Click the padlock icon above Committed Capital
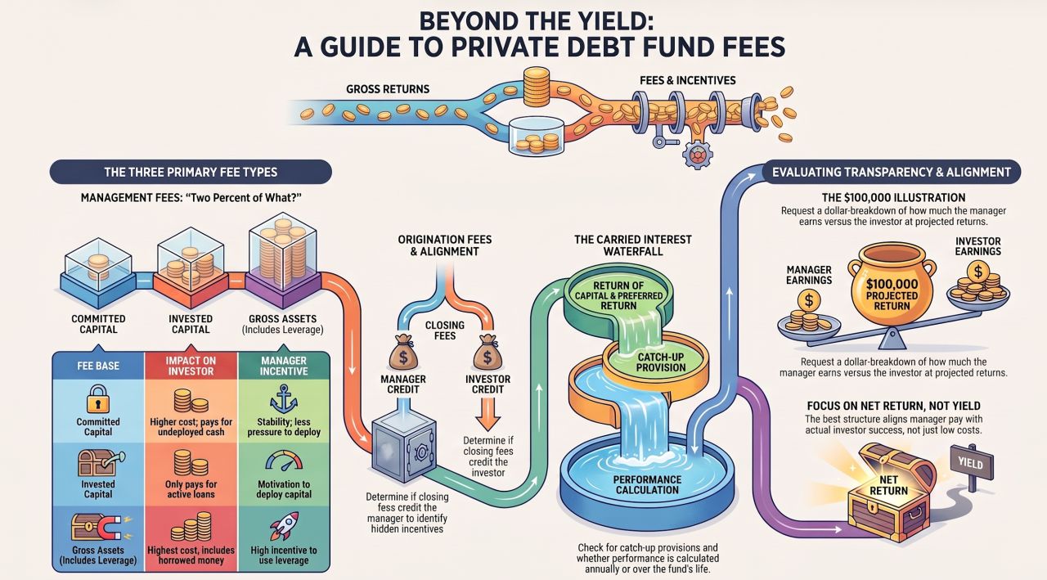(97, 398)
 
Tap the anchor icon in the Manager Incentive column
(284, 399)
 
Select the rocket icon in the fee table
(284, 526)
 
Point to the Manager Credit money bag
(403, 353)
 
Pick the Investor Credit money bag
(487, 353)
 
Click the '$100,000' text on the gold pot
(892, 284)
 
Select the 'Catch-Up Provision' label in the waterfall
(660, 362)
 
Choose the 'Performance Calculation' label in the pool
(647, 484)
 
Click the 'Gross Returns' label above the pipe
(388, 89)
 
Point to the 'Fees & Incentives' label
(688, 80)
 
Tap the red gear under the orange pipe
(698, 155)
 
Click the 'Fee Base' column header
(98, 366)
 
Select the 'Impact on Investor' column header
(191, 366)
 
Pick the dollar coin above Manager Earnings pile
(809, 300)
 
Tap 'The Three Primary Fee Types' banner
(191, 172)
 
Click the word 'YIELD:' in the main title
(601, 21)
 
